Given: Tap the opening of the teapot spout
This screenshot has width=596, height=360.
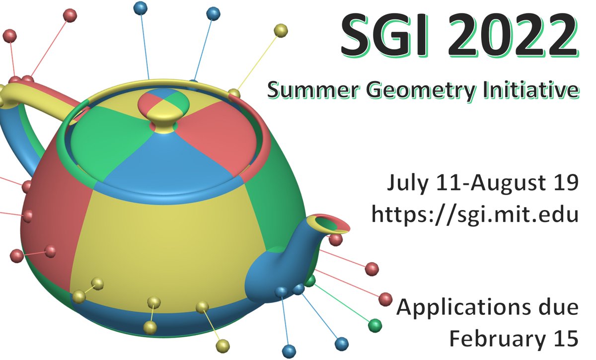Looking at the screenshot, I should click(x=331, y=224).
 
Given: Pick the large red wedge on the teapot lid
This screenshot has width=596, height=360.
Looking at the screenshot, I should click(x=219, y=134).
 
